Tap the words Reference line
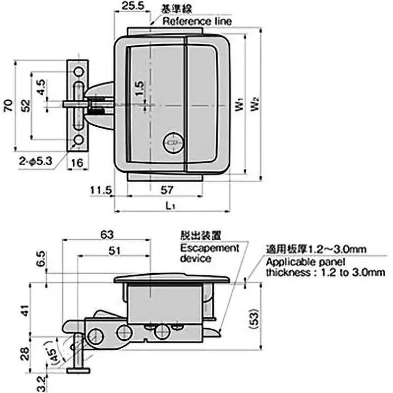click(x=197, y=22)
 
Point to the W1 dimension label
click(x=239, y=106)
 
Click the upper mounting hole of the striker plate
click(x=78, y=72)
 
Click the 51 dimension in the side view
click(x=114, y=250)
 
